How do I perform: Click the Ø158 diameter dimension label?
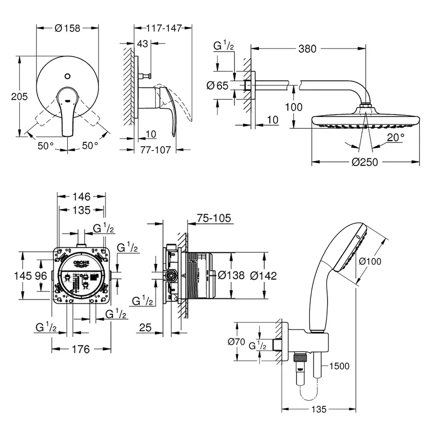68,28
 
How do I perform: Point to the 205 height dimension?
19,96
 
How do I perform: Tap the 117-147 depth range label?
164,28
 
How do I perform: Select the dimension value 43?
142,44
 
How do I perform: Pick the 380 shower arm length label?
308,48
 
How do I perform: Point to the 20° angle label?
396,138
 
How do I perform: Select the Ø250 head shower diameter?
364,162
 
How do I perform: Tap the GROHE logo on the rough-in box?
81,263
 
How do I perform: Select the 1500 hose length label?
339,366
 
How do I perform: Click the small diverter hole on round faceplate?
68,75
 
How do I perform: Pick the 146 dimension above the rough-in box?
80,195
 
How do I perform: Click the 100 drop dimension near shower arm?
293,107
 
